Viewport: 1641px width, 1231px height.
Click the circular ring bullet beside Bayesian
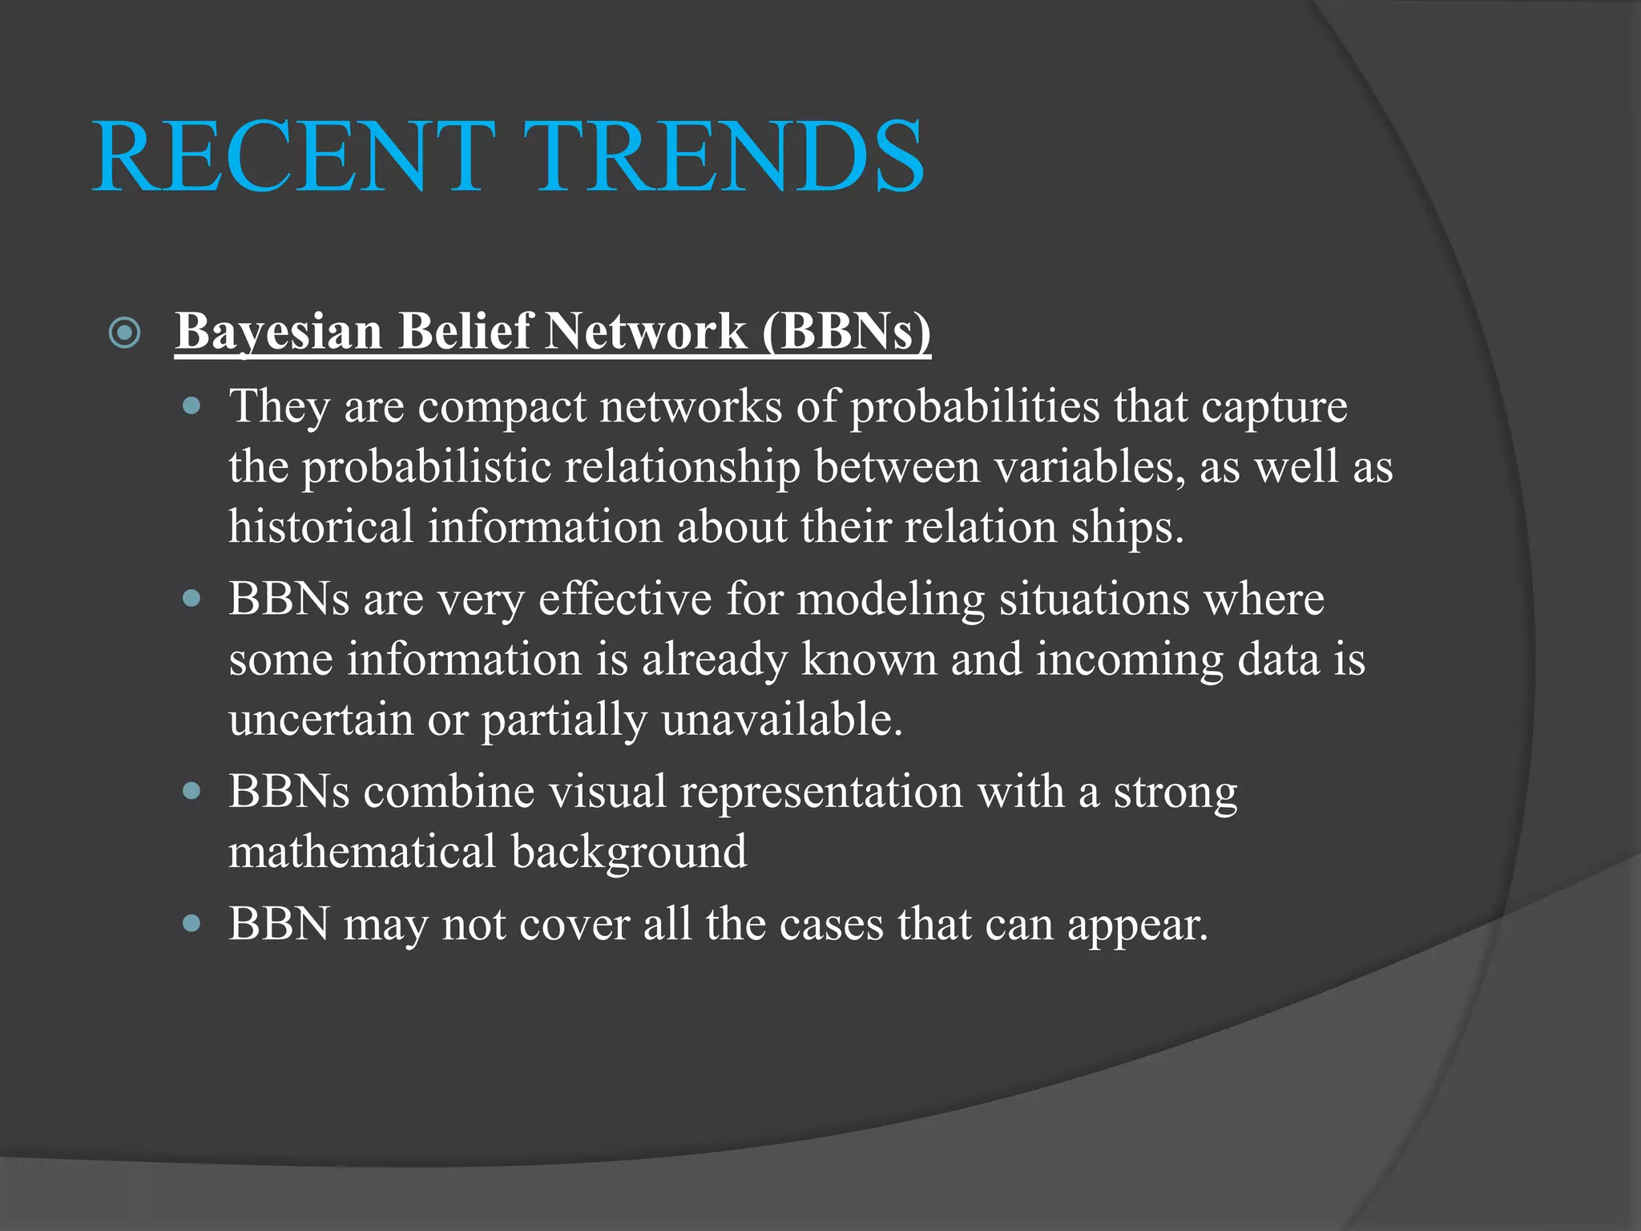(x=125, y=333)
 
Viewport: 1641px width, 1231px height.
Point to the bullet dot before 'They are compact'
(x=192, y=406)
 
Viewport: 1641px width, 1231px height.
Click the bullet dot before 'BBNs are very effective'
(x=192, y=598)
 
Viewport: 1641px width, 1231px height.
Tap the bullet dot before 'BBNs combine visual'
(x=192, y=791)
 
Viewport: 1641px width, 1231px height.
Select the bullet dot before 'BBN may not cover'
(x=192, y=923)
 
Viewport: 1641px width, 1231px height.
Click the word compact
(x=502, y=406)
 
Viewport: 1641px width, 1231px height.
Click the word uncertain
(x=321, y=718)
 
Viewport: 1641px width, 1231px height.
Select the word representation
(x=820, y=792)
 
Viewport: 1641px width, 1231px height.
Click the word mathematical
(x=362, y=851)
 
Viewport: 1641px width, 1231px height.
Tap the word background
(x=629, y=851)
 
